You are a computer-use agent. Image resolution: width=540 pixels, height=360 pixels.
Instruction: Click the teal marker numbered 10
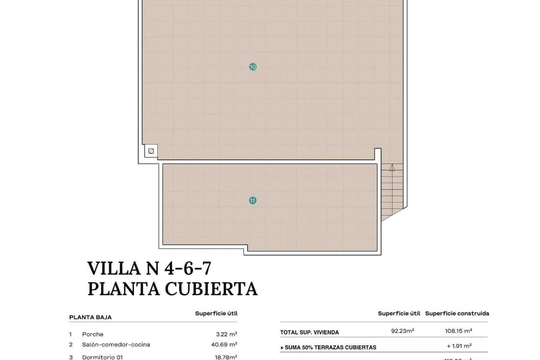(253, 67)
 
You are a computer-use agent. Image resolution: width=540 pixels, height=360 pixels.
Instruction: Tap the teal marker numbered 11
(253, 201)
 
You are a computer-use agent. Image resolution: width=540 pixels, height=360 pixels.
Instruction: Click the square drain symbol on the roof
(151, 151)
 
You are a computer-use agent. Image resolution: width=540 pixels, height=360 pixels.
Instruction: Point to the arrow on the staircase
(392, 168)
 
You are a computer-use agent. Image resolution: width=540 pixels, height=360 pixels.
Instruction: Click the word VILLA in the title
(114, 268)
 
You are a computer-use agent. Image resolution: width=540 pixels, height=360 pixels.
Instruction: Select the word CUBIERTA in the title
(211, 289)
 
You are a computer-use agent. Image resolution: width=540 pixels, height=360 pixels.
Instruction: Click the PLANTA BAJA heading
(90, 317)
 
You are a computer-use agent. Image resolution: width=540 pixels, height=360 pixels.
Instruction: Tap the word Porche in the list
(93, 334)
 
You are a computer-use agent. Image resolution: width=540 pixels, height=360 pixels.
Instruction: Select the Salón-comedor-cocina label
(116, 344)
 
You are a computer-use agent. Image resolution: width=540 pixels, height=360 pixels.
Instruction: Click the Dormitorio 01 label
(102, 357)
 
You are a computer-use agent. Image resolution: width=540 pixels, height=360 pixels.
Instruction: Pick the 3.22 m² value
(226, 334)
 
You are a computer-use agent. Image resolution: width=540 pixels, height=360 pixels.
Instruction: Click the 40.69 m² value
(224, 344)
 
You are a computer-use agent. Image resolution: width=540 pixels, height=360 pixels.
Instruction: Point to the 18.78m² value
(226, 357)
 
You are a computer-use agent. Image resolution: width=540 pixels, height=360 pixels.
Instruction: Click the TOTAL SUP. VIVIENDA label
(309, 332)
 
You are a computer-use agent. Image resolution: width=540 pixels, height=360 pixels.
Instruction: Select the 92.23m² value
(402, 331)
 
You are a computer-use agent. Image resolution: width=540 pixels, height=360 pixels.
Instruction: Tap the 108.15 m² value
(458, 331)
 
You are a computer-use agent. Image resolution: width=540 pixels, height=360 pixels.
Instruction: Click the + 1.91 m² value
(459, 346)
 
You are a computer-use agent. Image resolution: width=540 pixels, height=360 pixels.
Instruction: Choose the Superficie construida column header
(457, 313)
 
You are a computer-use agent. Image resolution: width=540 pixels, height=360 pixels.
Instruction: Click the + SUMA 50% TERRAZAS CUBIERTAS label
(328, 347)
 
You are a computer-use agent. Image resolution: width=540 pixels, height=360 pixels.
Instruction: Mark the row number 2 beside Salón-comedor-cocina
(71, 344)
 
